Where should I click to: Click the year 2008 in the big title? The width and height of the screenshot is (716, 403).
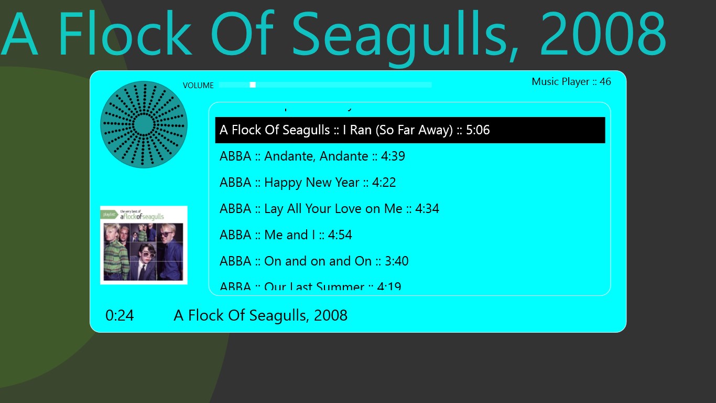pyautogui.click(x=603, y=34)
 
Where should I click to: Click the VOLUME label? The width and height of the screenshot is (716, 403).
pyautogui.click(x=198, y=86)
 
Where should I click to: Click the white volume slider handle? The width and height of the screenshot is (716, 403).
pyautogui.click(x=253, y=84)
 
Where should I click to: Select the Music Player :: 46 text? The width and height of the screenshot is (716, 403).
pyautogui.click(x=571, y=81)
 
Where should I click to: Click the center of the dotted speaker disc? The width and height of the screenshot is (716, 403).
pyautogui.click(x=144, y=124)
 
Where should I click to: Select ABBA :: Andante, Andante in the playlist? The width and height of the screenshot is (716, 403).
pyautogui.click(x=312, y=156)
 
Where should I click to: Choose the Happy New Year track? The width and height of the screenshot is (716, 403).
pyautogui.click(x=308, y=183)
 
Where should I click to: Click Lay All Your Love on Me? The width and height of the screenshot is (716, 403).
pyautogui.click(x=329, y=209)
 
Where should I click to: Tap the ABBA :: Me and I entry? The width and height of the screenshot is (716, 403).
pyautogui.click(x=286, y=235)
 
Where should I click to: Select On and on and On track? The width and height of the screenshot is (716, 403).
pyautogui.click(x=314, y=261)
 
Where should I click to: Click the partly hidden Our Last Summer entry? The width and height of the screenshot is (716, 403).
pyautogui.click(x=310, y=287)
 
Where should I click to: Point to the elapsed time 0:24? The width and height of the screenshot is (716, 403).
pyautogui.click(x=120, y=315)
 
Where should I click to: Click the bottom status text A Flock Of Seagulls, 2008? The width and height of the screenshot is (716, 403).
pyautogui.click(x=261, y=315)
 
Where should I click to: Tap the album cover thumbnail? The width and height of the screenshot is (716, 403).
pyautogui.click(x=144, y=245)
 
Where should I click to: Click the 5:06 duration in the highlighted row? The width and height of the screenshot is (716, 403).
pyautogui.click(x=478, y=130)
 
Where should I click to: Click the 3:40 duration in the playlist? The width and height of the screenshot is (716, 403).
pyautogui.click(x=396, y=261)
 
